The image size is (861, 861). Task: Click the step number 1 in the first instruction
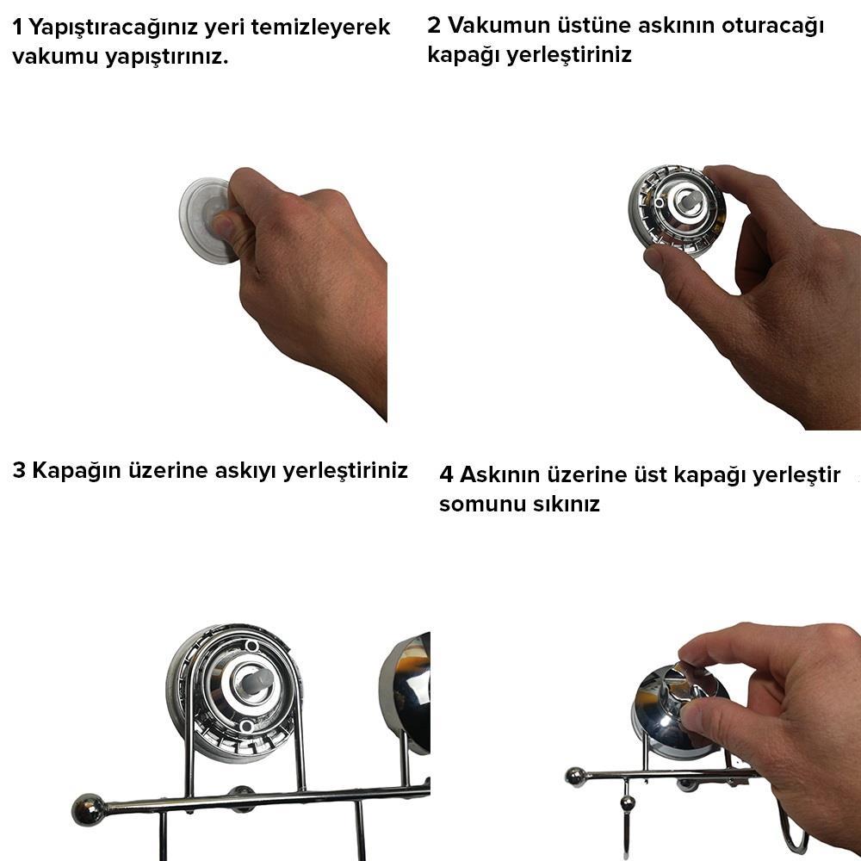[18, 28]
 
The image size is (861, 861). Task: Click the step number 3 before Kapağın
[20, 471]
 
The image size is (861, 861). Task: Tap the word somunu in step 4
[479, 505]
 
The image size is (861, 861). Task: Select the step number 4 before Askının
[446, 475]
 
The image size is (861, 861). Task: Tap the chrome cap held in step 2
[667, 211]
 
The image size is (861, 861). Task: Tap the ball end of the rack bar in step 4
[574, 777]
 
